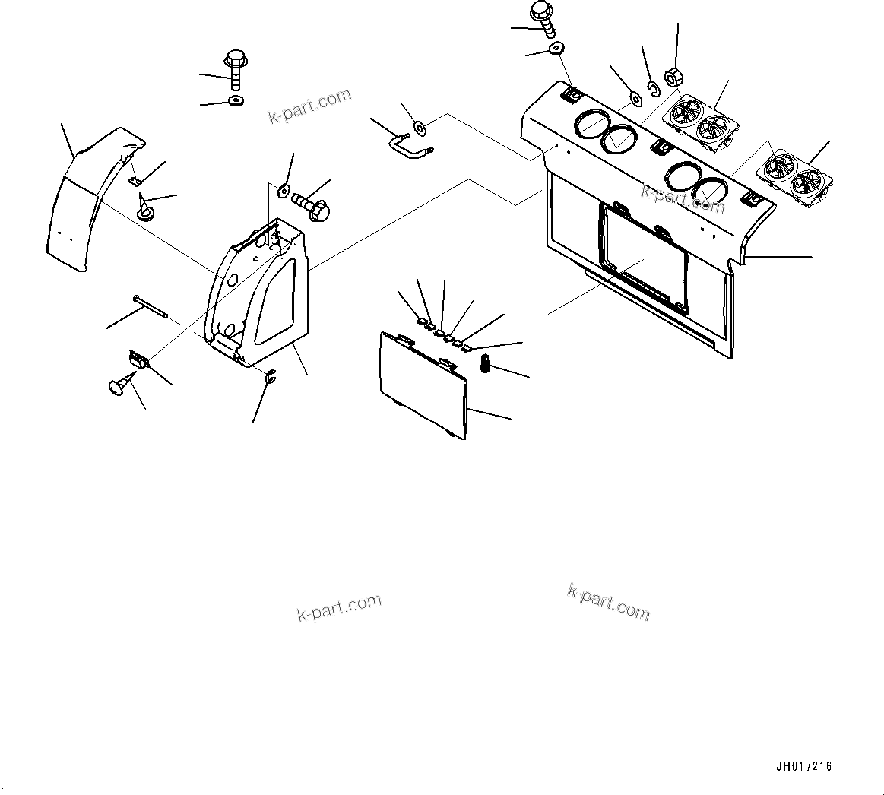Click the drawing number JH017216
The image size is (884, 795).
[804, 766]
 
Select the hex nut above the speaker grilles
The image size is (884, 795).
[673, 78]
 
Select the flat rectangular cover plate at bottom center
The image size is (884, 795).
[422, 385]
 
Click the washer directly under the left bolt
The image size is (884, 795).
[235, 100]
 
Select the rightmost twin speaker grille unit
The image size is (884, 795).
[796, 179]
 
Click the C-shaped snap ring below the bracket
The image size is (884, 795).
[269, 375]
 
